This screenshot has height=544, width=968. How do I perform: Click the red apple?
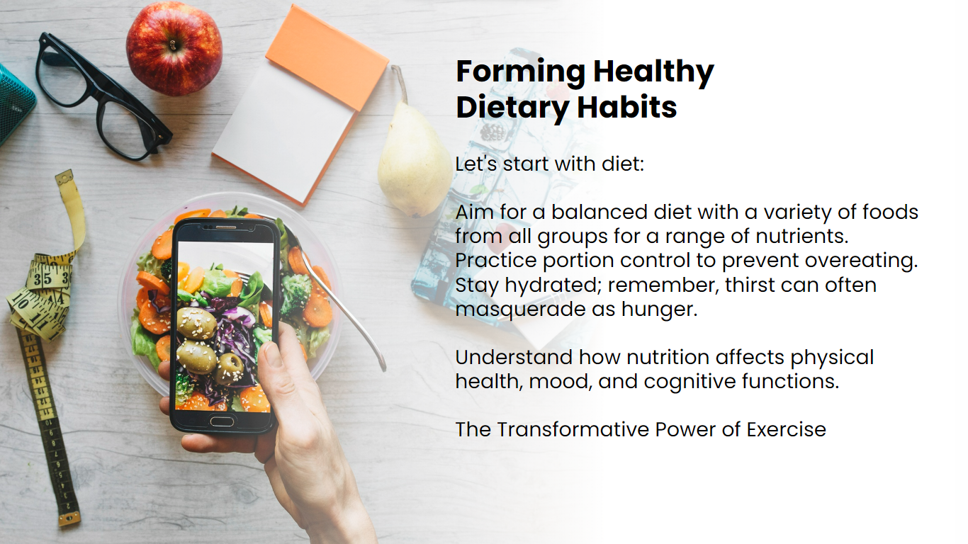(x=174, y=48)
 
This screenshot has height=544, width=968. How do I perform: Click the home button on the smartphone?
(x=222, y=421)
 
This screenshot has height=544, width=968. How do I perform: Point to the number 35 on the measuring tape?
(x=42, y=279)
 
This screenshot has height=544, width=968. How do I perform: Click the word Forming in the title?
(x=521, y=72)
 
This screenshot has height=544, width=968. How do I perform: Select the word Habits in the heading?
(x=627, y=107)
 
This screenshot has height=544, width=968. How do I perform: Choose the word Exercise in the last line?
(x=786, y=429)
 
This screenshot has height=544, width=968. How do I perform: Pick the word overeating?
(x=860, y=261)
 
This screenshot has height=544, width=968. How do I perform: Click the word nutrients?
(x=802, y=237)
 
